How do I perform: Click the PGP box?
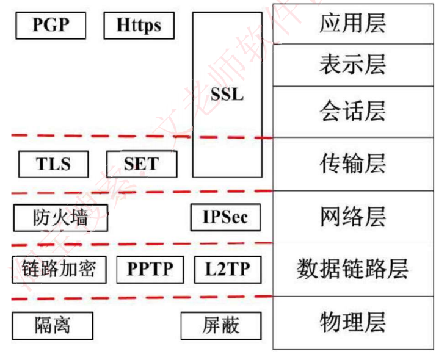coord(51,25)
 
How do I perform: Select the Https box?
coord(139,25)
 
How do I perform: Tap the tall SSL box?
coord(227,95)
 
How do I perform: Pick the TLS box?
coord(53,164)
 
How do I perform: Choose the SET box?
coord(141,164)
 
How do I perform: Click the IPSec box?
coord(225,217)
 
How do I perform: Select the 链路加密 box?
coord(59,269)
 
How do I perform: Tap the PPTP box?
coord(150,269)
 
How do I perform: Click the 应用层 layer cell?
coord(352,24)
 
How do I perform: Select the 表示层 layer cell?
coord(352,65)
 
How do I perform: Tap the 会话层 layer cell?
coord(352,112)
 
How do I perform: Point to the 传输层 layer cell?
coord(352,164)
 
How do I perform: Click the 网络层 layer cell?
coord(352,217)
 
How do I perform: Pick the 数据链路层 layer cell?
coord(352,269)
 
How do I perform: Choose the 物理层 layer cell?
coord(352,322)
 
